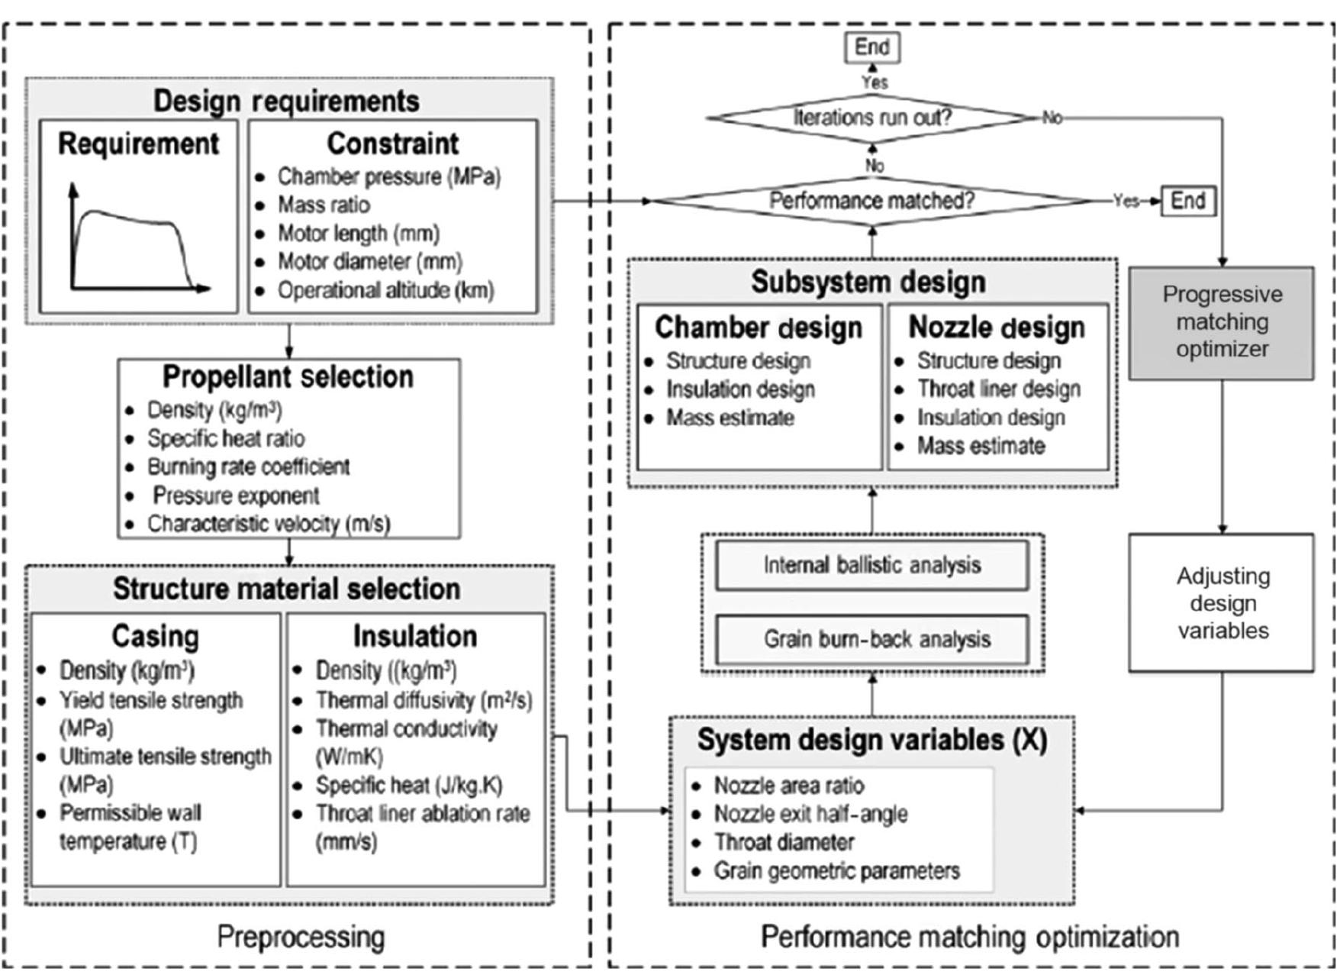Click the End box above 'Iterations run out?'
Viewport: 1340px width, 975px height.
tap(872, 47)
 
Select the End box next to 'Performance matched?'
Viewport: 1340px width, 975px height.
tap(1188, 201)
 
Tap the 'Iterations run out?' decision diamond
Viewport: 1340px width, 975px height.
tap(872, 118)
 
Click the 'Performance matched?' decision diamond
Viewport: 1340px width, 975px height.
tap(872, 201)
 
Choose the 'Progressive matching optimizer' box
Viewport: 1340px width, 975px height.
tap(1222, 322)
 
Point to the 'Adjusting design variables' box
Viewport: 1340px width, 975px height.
tap(1222, 602)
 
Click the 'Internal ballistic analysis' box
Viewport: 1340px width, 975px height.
tap(872, 565)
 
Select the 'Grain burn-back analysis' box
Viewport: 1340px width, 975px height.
tap(872, 639)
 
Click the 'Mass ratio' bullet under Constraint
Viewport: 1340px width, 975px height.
tap(324, 205)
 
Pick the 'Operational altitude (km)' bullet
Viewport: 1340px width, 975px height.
tap(385, 291)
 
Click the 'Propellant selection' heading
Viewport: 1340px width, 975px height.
tap(288, 377)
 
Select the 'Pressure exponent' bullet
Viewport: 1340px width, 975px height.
tap(236, 496)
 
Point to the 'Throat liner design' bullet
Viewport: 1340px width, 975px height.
tap(998, 389)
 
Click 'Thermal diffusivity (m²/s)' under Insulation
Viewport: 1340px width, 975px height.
tap(424, 700)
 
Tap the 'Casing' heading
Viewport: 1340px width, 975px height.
tap(156, 636)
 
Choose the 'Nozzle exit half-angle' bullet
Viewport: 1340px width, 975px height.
tap(810, 814)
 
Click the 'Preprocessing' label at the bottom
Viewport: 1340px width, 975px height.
tap(301, 937)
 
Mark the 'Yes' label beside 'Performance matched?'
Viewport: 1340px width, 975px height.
tap(1125, 201)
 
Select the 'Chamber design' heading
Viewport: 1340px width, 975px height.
tap(759, 328)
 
